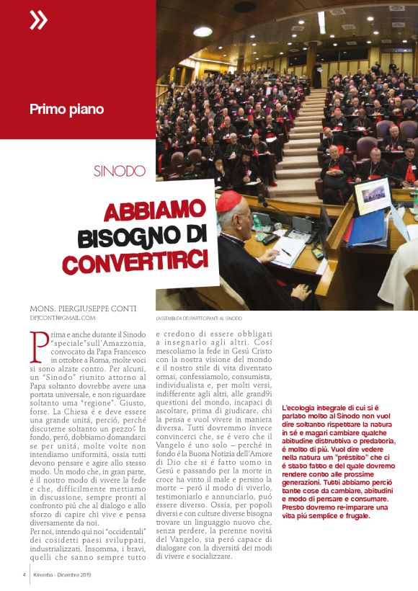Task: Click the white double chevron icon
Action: [38, 21]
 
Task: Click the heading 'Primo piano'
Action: [66, 110]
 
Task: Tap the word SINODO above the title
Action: [120, 172]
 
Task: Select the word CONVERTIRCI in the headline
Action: [135, 258]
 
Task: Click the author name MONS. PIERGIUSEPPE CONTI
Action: [83, 308]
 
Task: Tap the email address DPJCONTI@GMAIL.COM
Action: [63, 317]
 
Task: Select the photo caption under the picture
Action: [200, 318]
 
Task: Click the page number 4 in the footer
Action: [24, 574]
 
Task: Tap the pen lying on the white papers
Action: [286, 252]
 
